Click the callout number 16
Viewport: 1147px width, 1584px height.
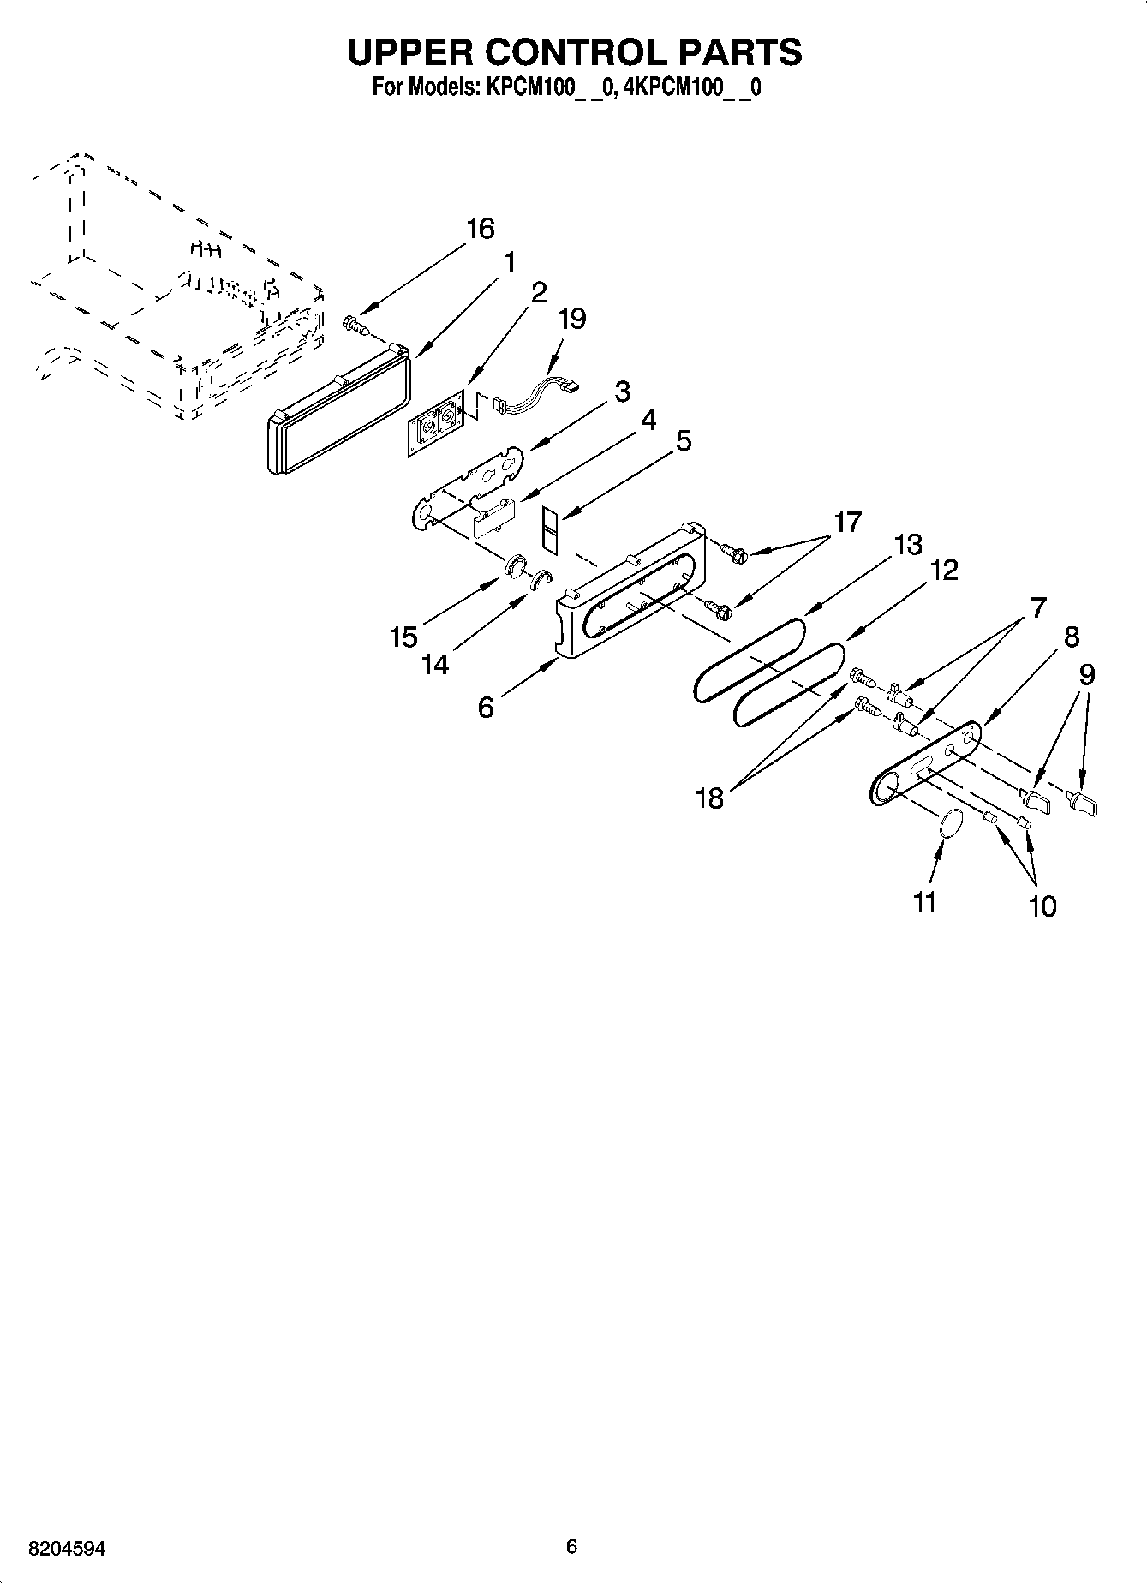click(481, 229)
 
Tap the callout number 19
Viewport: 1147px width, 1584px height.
click(571, 319)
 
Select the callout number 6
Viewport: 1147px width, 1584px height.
click(486, 708)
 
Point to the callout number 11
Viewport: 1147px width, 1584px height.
click(924, 902)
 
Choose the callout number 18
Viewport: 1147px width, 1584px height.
click(710, 798)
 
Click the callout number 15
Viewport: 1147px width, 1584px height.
click(403, 637)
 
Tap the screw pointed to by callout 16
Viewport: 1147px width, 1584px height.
click(353, 325)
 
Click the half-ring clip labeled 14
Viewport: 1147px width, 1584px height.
click(541, 579)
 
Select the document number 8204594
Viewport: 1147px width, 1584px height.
click(67, 1548)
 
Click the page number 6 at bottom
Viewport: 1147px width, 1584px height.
click(571, 1547)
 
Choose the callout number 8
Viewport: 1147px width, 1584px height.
click(1072, 637)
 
